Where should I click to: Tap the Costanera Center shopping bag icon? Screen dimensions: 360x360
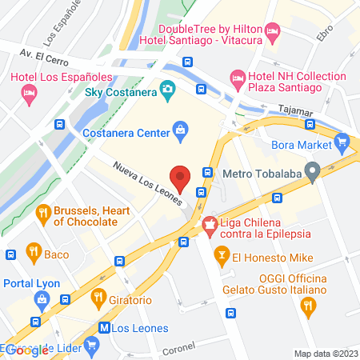[181, 129]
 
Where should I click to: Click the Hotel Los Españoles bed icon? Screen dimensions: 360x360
[29, 94]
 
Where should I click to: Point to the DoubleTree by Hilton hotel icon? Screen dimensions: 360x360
[273, 33]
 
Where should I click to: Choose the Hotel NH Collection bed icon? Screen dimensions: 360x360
[238, 78]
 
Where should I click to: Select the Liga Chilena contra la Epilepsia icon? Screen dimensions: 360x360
[210, 226]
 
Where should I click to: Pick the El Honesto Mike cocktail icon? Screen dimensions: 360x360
[222, 256]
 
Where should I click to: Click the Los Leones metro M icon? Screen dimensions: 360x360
[104, 327]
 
